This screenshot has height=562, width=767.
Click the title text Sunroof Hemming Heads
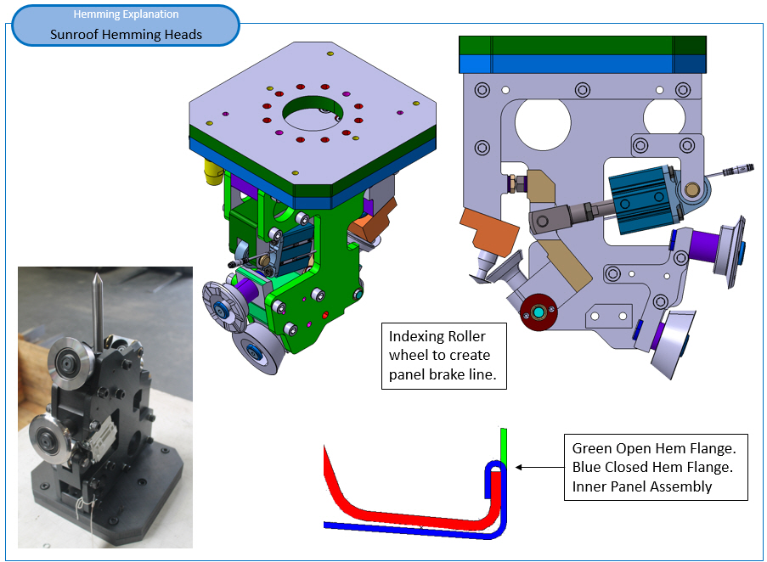click(x=126, y=35)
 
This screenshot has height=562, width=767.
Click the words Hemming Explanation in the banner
click(x=126, y=14)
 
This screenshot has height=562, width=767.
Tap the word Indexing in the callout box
click(x=412, y=337)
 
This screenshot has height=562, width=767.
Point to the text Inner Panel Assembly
click(x=642, y=486)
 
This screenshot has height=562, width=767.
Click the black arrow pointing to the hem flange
click(x=540, y=468)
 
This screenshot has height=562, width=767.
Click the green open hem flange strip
click(x=504, y=448)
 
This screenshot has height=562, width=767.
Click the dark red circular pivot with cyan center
click(x=539, y=312)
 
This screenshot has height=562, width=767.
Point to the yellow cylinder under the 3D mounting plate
click(x=213, y=172)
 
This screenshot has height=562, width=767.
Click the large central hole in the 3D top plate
click(x=312, y=113)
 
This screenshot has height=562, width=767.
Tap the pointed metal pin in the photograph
click(x=98, y=309)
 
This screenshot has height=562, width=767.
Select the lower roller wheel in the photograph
click(x=50, y=438)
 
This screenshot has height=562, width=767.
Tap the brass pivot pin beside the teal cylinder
click(x=691, y=189)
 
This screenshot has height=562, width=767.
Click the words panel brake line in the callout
click(x=443, y=375)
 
